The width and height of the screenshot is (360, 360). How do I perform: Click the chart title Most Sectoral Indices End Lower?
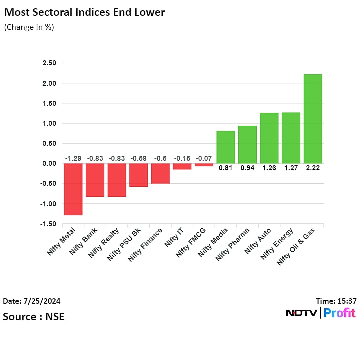84,12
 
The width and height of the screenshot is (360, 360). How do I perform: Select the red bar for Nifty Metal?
73,189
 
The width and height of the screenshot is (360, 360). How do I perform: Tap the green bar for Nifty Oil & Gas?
313,119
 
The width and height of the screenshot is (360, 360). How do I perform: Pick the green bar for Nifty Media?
225,147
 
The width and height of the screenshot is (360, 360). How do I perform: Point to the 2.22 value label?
313,168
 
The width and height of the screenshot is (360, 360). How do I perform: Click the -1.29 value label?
73,158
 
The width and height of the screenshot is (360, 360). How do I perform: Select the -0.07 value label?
204,158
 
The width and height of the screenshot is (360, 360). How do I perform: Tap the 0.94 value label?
247,168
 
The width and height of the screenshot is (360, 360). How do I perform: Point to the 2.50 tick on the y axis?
49,63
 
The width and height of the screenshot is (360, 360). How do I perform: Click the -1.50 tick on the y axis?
48,224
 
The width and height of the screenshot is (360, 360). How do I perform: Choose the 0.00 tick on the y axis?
49,164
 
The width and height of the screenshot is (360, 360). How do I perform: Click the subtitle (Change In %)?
29,27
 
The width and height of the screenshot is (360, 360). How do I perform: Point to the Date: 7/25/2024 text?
32,301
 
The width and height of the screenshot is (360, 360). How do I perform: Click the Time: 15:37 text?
336,301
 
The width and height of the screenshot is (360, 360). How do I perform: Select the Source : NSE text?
33,316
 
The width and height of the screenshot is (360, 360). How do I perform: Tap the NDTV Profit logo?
320,313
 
